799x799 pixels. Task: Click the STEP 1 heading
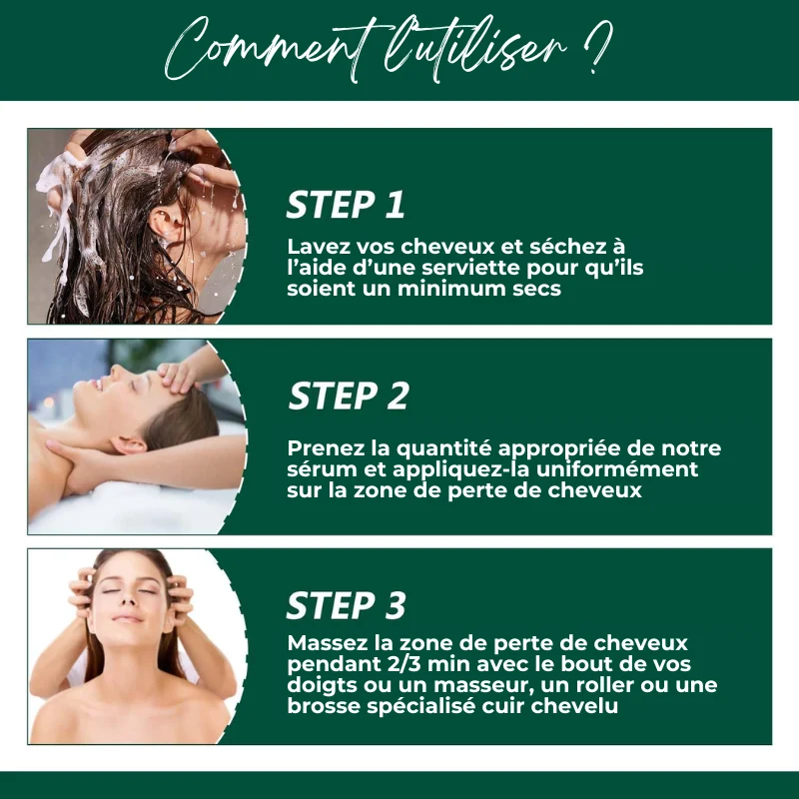pyautogui.click(x=346, y=205)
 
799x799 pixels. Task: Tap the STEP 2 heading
pyautogui.click(x=349, y=396)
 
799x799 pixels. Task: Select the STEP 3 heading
pyautogui.click(x=346, y=605)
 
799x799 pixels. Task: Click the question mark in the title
pyautogui.click(x=597, y=46)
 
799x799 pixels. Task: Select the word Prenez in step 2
pyautogui.click(x=326, y=448)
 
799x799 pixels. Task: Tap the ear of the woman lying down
pyautogui.click(x=128, y=445)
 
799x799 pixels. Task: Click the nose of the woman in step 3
pyautogui.click(x=129, y=599)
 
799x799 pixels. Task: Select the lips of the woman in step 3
pyautogui.click(x=128, y=618)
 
